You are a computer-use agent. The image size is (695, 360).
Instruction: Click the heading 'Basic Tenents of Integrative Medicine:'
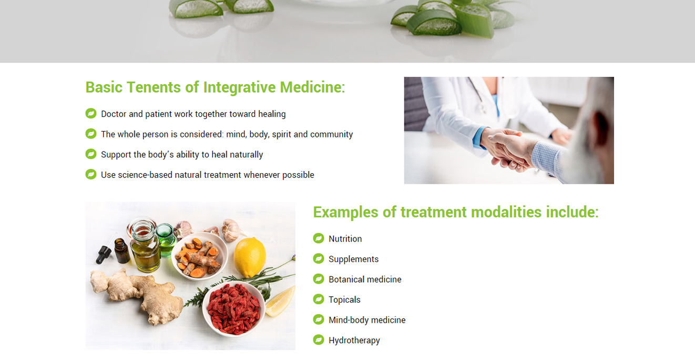215,87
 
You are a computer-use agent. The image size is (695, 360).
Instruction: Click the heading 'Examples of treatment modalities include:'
456,212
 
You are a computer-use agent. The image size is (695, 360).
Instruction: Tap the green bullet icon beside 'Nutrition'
319,238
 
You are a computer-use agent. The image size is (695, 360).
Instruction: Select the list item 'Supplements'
353,259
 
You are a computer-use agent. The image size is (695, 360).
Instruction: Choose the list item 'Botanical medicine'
365,279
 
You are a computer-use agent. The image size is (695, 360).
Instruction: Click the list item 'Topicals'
344,300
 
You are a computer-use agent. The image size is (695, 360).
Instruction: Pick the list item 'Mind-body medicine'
367,320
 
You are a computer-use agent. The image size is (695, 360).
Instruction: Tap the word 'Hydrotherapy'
354,341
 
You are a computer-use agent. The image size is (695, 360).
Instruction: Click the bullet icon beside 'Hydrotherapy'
319,340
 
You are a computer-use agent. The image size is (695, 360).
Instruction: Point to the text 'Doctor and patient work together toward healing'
193,114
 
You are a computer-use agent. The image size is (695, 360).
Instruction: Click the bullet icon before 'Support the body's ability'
91,154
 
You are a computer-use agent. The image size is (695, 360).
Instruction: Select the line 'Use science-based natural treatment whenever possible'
208,175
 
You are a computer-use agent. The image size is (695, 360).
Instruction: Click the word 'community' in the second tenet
331,134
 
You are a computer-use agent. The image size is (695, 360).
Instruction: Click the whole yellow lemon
250,257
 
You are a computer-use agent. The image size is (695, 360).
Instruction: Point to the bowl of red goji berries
233,309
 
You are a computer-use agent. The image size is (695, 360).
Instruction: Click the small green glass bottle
165,240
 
